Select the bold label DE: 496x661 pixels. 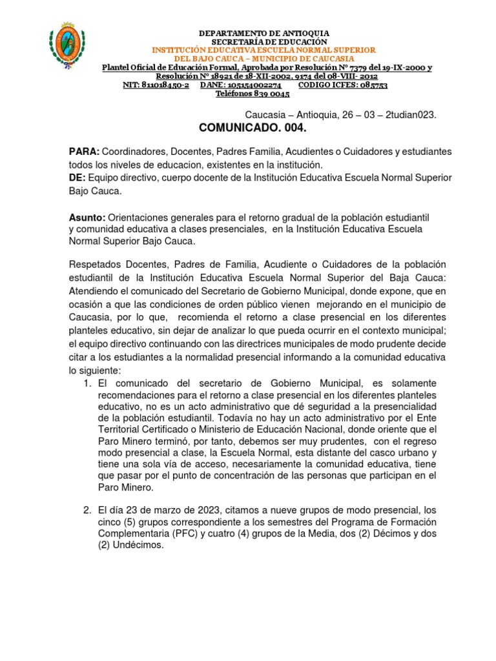[77, 178]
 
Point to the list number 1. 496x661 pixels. [87, 383]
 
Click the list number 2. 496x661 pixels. [87, 511]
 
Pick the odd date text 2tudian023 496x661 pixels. [411, 114]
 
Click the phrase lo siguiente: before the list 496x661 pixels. [95, 371]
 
